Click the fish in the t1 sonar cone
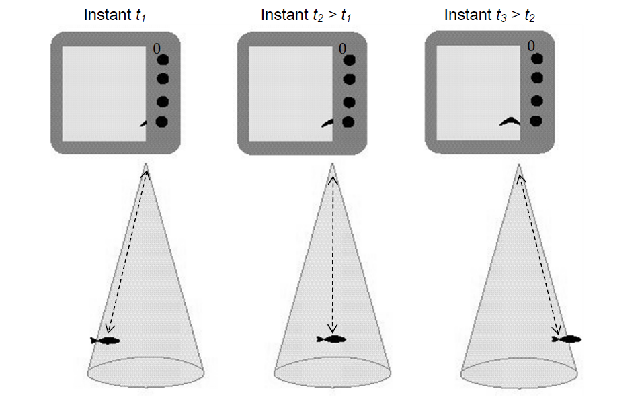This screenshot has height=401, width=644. pos(106,341)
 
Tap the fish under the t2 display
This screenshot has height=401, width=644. pos(331,339)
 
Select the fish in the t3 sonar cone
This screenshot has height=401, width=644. pos(567,339)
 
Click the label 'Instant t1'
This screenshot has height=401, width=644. pos(115,15)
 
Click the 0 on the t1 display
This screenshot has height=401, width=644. pos(156,48)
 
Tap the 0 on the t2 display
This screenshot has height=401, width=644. pos(343,48)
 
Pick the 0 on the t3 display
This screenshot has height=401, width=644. pos(531,46)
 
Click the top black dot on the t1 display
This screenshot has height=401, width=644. pos(162,60)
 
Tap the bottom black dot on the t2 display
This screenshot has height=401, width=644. pos(349,122)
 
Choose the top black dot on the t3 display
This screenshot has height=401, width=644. pos(536,58)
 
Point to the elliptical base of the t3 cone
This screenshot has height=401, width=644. pos(519,371)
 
